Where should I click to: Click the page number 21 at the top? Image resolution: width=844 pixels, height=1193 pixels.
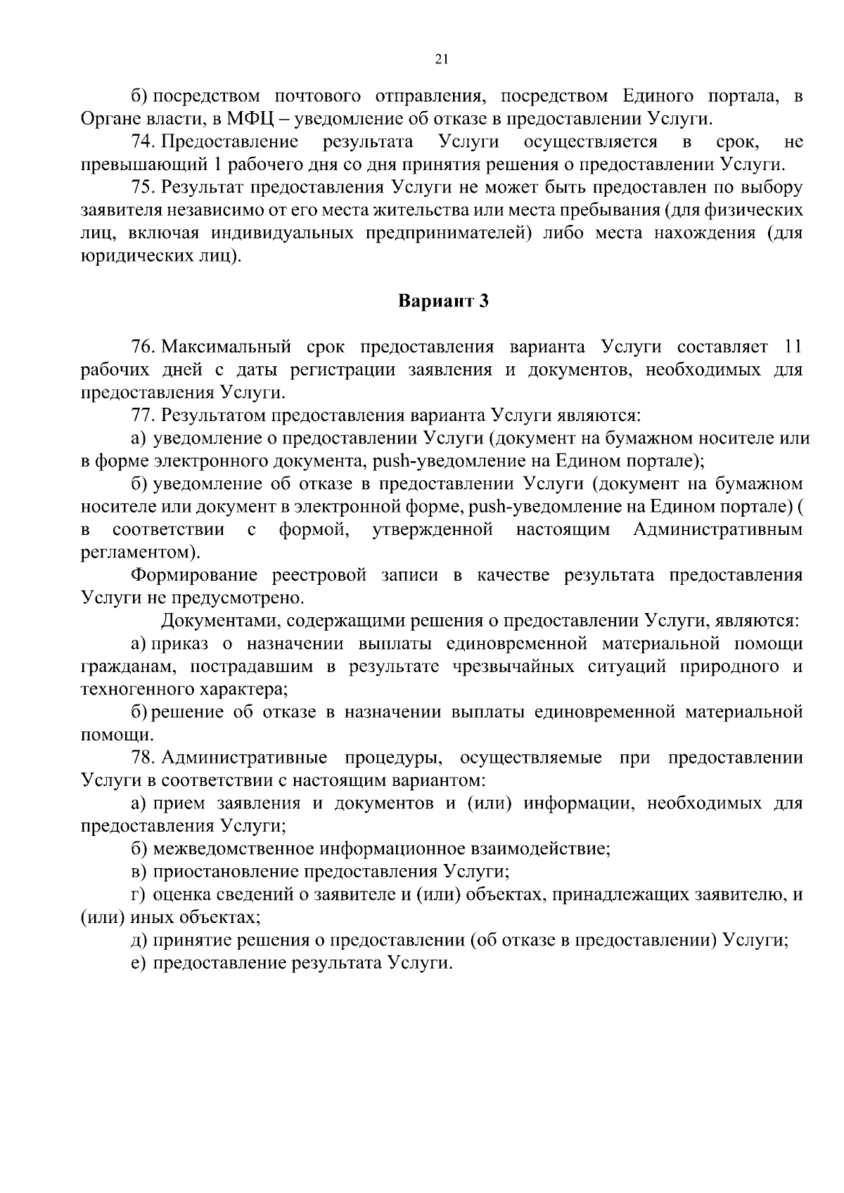[x=442, y=60]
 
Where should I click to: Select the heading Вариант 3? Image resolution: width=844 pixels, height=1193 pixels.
[x=442, y=302]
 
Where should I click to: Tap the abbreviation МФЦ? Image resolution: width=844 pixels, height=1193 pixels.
[x=243, y=119]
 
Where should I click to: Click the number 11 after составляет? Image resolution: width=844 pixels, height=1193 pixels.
[x=792, y=347]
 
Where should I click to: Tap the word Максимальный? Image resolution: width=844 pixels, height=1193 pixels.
[x=226, y=347]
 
